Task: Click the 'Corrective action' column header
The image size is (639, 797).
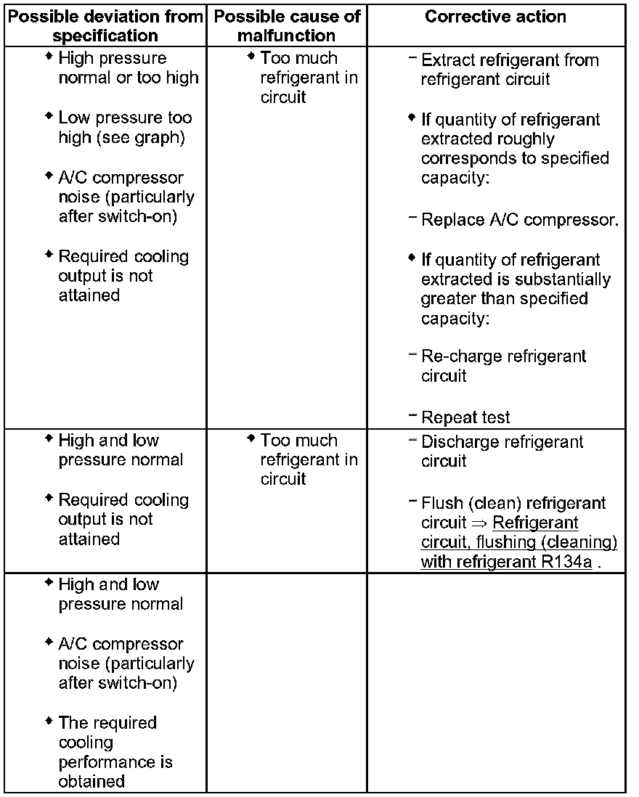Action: tap(496, 17)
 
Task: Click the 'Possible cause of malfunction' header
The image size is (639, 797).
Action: tap(287, 25)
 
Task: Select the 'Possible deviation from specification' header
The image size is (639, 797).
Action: tap(105, 25)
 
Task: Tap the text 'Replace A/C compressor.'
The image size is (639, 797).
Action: tap(520, 220)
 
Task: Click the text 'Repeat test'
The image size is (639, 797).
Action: tap(465, 417)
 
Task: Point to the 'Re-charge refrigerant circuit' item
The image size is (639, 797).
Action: tap(502, 366)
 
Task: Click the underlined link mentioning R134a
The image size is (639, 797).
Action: tap(518, 542)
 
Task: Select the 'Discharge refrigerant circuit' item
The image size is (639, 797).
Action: tap(501, 451)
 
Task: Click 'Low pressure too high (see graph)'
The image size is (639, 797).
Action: tap(125, 127)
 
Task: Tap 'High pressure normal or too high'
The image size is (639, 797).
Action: tap(128, 68)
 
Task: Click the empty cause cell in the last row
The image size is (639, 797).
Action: tap(287, 682)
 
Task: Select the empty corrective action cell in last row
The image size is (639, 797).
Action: tap(496, 682)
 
